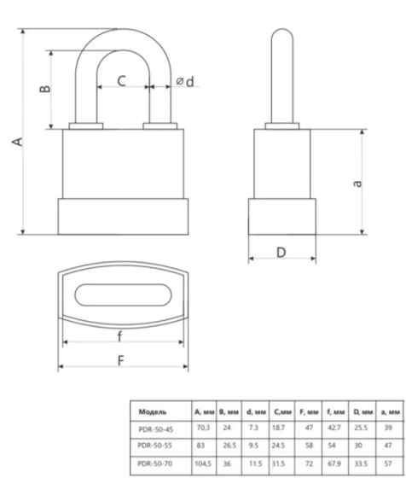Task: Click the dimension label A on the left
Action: click(18, 142)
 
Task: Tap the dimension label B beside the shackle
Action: click(45, 89)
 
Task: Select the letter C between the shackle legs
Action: click(122, 81)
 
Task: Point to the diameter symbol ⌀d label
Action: click(185, 81)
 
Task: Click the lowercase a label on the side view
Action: click(357, 184)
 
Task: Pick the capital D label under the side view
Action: click(281, 253)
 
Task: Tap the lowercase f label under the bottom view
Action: click(119, 336)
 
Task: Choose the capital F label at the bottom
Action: click(121, 360)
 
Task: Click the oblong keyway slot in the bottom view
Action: click(123, 294)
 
